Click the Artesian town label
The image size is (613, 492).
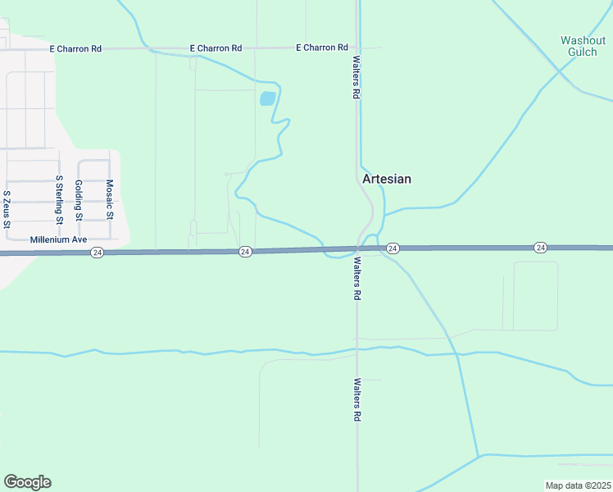point(387,179)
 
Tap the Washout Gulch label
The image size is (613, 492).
point(582,46)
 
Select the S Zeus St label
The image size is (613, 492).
point(7,206)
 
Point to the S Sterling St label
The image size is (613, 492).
point(59,199)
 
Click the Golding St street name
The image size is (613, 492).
point(79,201)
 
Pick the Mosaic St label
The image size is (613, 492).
point(109,200)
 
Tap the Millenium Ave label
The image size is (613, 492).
point(58,240)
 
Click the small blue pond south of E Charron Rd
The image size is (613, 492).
point(267,99)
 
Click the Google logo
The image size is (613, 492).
point(27,481)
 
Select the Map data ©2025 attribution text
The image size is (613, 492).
point(578,485)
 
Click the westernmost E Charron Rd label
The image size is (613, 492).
point(75,48)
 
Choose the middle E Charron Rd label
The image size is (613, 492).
point(216,48)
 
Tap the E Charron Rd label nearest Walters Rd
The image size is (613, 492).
point(322,48)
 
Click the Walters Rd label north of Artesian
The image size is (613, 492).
point(356,78)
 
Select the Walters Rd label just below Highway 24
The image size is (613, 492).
point(357,280)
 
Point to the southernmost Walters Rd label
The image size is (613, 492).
point(357,399)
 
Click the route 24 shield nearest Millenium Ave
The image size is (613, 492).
point(98,253)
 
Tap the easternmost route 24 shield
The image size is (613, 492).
point(540,248)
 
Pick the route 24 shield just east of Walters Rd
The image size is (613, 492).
point(393,248)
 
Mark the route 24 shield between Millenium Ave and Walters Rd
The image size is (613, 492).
point(245,252)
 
